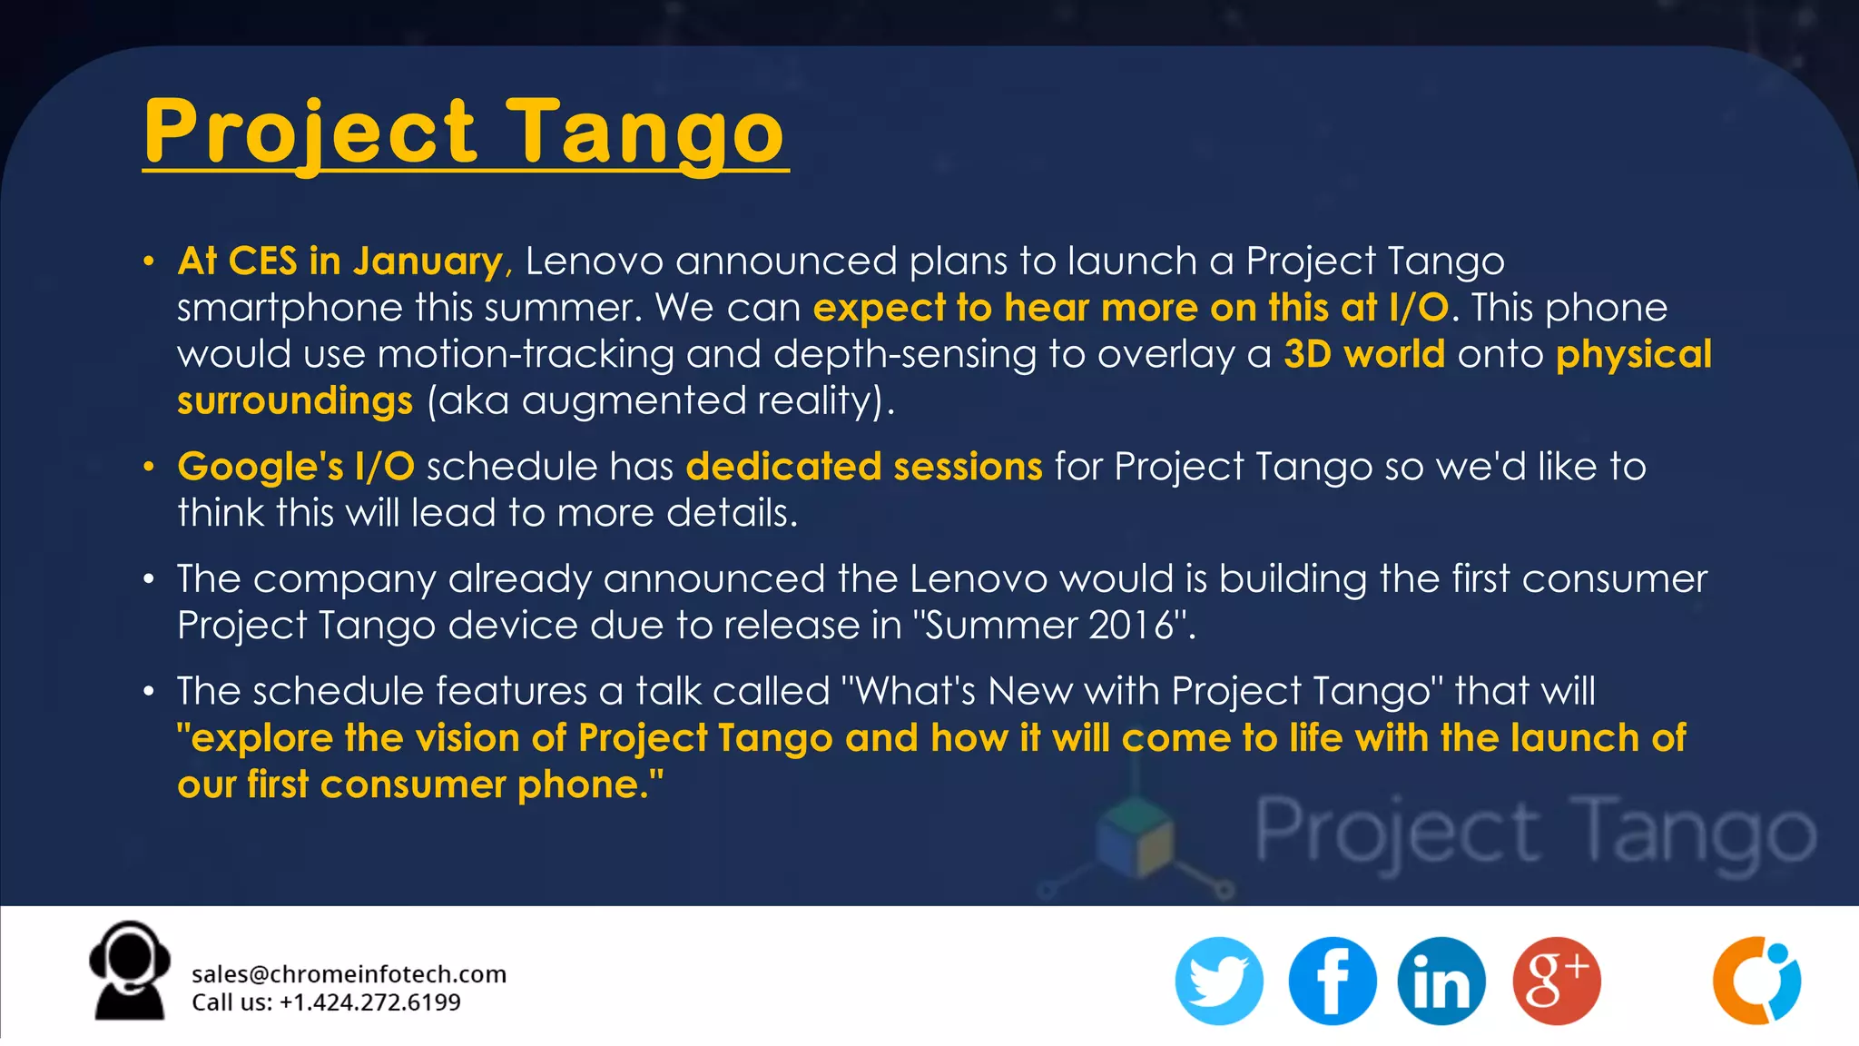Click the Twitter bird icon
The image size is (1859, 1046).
(x=1218, y=981)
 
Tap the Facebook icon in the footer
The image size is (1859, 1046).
(x=1332, y=981)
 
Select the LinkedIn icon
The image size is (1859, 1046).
(x=1441, y=981)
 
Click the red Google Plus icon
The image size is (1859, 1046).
(x=1556, y=981)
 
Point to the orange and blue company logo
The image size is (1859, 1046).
(x=1756, y=981)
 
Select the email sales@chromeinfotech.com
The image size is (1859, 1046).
(x=349, y=974)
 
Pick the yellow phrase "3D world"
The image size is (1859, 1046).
(x=1363, y=354)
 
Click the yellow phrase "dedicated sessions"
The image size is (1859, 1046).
(x=863, y=467)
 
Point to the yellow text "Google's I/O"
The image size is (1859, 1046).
(x=296, y=467)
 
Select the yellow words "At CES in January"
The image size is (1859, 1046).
(x=339, y=261)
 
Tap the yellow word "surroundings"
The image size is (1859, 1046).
(x=295, y=400)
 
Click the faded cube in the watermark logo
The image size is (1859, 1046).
(x=1135, y=835)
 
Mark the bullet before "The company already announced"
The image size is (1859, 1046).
(x=149, y=578)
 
